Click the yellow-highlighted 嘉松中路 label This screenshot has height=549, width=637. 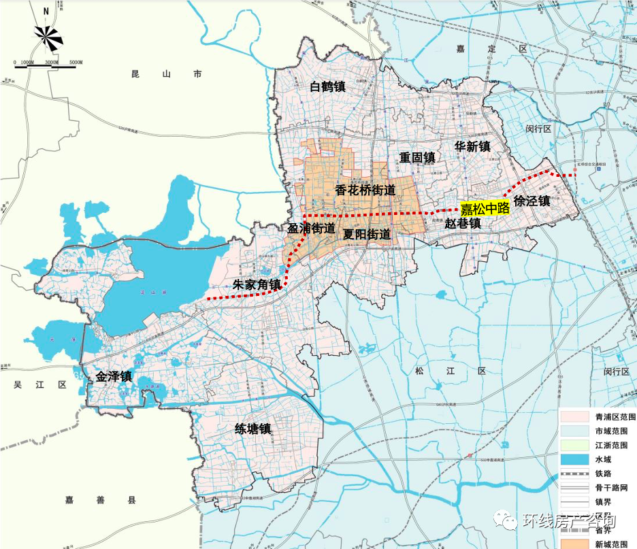(x=485, y=208)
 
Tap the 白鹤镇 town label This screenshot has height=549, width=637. (x=327, y=86)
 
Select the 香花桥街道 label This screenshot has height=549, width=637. (x=365, y=190)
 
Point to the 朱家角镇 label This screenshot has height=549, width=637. (x=257, y=284)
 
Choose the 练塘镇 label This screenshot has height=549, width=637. (x=253, y=429)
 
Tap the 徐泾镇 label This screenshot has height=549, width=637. (x=532, y=201)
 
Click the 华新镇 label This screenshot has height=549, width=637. (x=473, y=146)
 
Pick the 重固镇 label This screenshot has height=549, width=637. (x=417, y=157)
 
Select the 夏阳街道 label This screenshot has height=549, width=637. (x=367, y=234)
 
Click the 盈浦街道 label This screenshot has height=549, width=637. (x=312, y=229)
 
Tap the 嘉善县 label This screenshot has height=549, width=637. (x=101, y=500)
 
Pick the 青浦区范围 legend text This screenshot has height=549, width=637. (x=615, y=416)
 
